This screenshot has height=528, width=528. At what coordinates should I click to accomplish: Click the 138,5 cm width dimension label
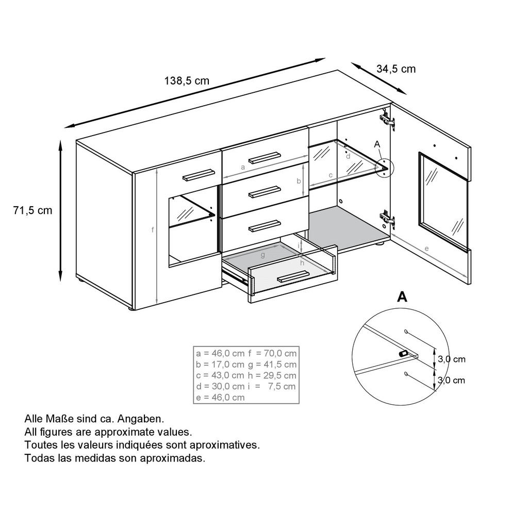click(187, 80)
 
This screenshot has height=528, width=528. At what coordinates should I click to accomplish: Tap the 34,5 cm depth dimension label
click(396, 69)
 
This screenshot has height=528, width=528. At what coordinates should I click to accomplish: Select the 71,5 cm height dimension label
click(32, 210)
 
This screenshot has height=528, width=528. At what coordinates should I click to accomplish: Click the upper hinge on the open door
click(387, 120)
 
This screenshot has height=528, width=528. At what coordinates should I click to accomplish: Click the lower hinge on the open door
click(387, 219)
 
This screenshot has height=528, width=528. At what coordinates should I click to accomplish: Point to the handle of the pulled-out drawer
click(293, 277)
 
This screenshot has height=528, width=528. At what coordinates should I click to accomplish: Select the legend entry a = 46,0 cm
click(220, 354)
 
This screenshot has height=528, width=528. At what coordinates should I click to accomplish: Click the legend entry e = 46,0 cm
click(220, 397)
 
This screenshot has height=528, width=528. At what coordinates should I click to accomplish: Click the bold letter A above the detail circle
click(402, 296)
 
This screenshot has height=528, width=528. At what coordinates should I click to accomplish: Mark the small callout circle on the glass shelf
click(384, 168)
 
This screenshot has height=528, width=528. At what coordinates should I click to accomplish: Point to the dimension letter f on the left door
click(153, 230)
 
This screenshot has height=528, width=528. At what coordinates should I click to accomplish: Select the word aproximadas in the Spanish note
click(173, 458)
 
